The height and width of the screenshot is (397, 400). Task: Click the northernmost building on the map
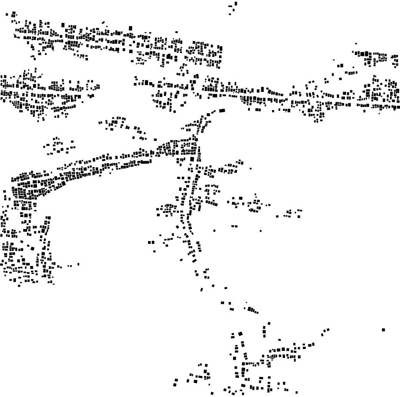pos(236,3)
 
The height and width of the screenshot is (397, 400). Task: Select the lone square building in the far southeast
pos(383,330)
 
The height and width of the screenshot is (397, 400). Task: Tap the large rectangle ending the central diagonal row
pos(222,110)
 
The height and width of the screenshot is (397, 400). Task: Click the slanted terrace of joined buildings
pos(252,309)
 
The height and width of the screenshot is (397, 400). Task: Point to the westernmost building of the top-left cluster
pos(7,14)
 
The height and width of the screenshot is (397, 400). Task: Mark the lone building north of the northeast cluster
pos(356,44)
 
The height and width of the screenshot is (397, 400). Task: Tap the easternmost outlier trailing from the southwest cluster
pos(78,264)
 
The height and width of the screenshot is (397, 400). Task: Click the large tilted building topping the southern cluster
pos(240,333)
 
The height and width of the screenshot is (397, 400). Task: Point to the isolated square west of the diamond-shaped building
pos(215,231)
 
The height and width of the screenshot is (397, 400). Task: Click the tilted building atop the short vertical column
pos(269,324)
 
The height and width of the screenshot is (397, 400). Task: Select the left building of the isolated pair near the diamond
pos(233,226)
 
